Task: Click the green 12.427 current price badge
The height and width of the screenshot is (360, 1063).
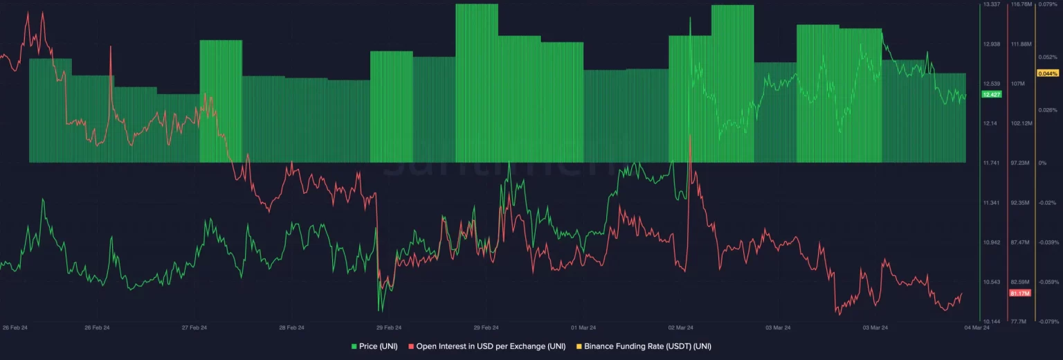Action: coord(992,94)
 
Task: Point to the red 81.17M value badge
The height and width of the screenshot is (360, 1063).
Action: coord(1020,294)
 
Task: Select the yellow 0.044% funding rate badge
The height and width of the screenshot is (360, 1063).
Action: coord(1047,73)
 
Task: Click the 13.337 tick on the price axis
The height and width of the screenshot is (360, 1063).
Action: coord(992,4)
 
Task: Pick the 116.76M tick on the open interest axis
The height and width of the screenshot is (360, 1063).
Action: coord(1021,4)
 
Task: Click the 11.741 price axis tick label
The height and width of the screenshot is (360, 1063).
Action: coord(992,163)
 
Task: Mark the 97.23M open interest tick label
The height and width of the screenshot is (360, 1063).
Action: coord(1021,163)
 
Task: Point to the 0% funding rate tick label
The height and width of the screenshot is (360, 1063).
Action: coord(1042,163)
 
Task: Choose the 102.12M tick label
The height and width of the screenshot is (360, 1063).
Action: coord(1021,123)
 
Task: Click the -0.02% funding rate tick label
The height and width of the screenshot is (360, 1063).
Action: coord(1047,203)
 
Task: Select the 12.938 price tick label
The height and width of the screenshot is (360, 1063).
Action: coord(992,44)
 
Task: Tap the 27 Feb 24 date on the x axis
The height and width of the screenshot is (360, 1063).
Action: coord(194,327)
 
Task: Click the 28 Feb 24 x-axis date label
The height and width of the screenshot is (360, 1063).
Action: coord(291,327)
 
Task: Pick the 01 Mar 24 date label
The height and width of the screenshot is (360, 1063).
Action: coord(583,327)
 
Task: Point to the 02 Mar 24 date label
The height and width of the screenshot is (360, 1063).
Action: coord(681,327)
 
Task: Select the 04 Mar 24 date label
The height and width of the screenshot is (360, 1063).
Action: coord(977,327)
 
